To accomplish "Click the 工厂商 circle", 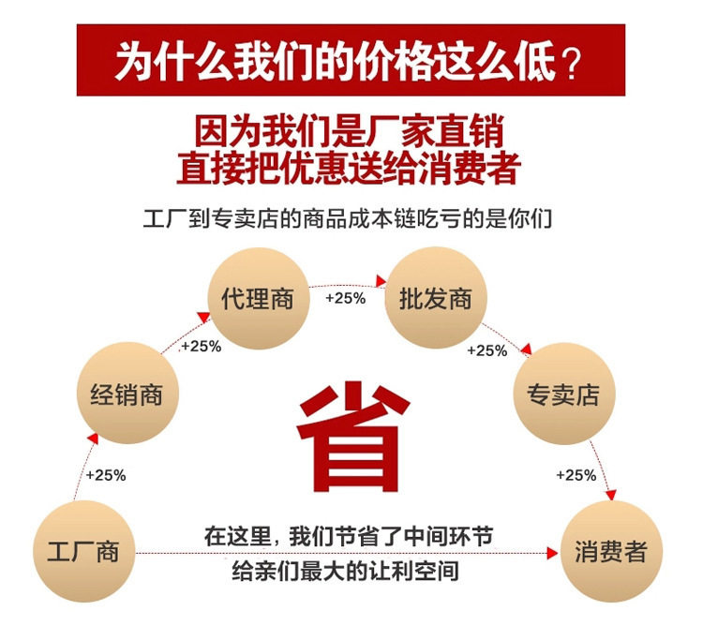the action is [83, 551].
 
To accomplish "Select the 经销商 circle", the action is [127, 394].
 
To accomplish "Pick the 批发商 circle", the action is [436, 300].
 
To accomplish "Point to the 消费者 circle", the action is [611, 551].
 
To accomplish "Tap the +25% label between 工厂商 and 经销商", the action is [106, 475].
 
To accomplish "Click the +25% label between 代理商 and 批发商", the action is [345, 298].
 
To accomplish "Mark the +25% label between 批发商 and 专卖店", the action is [486, 350].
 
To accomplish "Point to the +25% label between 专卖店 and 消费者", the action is [576, 475].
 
